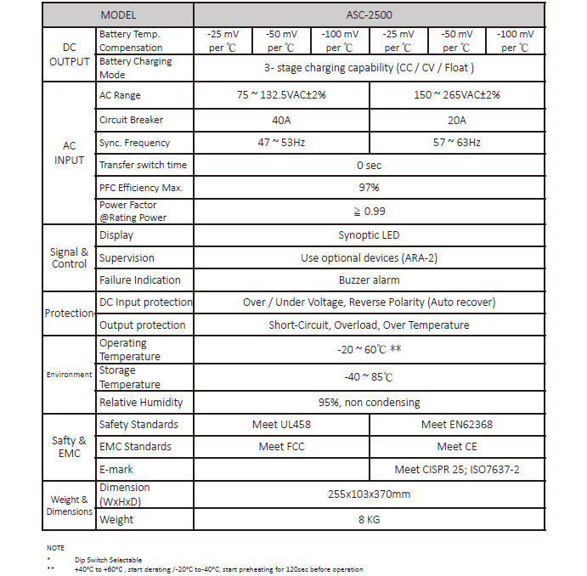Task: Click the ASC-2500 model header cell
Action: click(x=369, y=14)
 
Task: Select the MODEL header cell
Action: click(x=118, y=14)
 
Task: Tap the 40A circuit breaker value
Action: click(x=281, y=121)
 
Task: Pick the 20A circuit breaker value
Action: click(x=457, y=121)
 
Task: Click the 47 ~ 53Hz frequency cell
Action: click(x=281, y=143)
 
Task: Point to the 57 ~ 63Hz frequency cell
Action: click(x=457, y=143)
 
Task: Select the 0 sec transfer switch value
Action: click(x=369, y=165)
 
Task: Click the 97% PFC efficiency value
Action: click(x=369, y=187)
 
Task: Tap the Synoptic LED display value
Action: click(x=369, y=235)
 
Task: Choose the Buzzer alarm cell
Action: click(x=369, y=280)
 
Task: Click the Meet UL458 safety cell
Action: click(x=281, y=425)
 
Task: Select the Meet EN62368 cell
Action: click(x=457, y=425)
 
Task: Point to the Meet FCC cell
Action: click(x=281, y=447)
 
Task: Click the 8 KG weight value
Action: click(x=369, y=520)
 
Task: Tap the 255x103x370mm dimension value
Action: click(x=369, y=494)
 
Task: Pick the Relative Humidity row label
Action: click(x=141, y=403)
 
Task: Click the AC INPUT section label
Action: click(x=69, y=153)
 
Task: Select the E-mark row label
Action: click(x=116, y=469)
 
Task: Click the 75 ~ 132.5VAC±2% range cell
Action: click(x=281, y=95)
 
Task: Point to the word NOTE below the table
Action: click(x=55, y=548)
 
